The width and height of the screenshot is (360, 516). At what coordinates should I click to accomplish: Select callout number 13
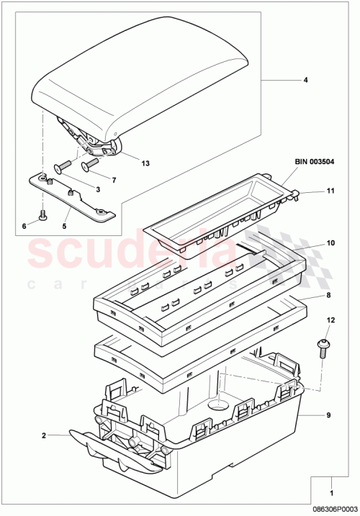(145, 163)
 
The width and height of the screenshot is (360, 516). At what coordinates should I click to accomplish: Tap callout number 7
(114, 178)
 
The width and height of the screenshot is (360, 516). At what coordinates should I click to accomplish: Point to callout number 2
(44, 435)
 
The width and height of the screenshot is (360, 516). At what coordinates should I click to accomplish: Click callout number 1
(331, 494)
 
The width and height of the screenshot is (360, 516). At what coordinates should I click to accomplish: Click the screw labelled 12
(324, 346)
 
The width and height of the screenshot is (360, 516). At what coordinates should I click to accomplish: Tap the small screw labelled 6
(43, 214)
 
